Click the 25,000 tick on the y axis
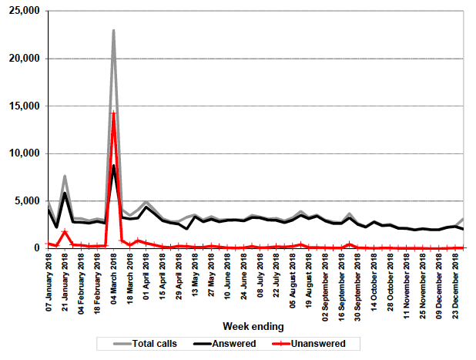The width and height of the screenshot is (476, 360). click(x=24, y=12)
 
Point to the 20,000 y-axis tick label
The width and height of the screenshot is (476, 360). click(x=24, y=59)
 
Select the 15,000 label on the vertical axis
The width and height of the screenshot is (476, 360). click(x=24, y=106)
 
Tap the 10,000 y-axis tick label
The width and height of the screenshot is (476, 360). click(x=24, y=153)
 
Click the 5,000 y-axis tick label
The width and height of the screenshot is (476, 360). click(x=27, y=201)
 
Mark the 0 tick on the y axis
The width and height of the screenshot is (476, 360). click(x=36, y=248)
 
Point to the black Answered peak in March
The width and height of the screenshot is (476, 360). click(x=114, y=166)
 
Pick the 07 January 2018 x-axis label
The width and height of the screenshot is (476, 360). click(x=49, y=281)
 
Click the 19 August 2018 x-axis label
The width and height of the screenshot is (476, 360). click(x=309, y=281)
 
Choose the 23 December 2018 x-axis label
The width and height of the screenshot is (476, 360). click(x=455, y=281)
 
